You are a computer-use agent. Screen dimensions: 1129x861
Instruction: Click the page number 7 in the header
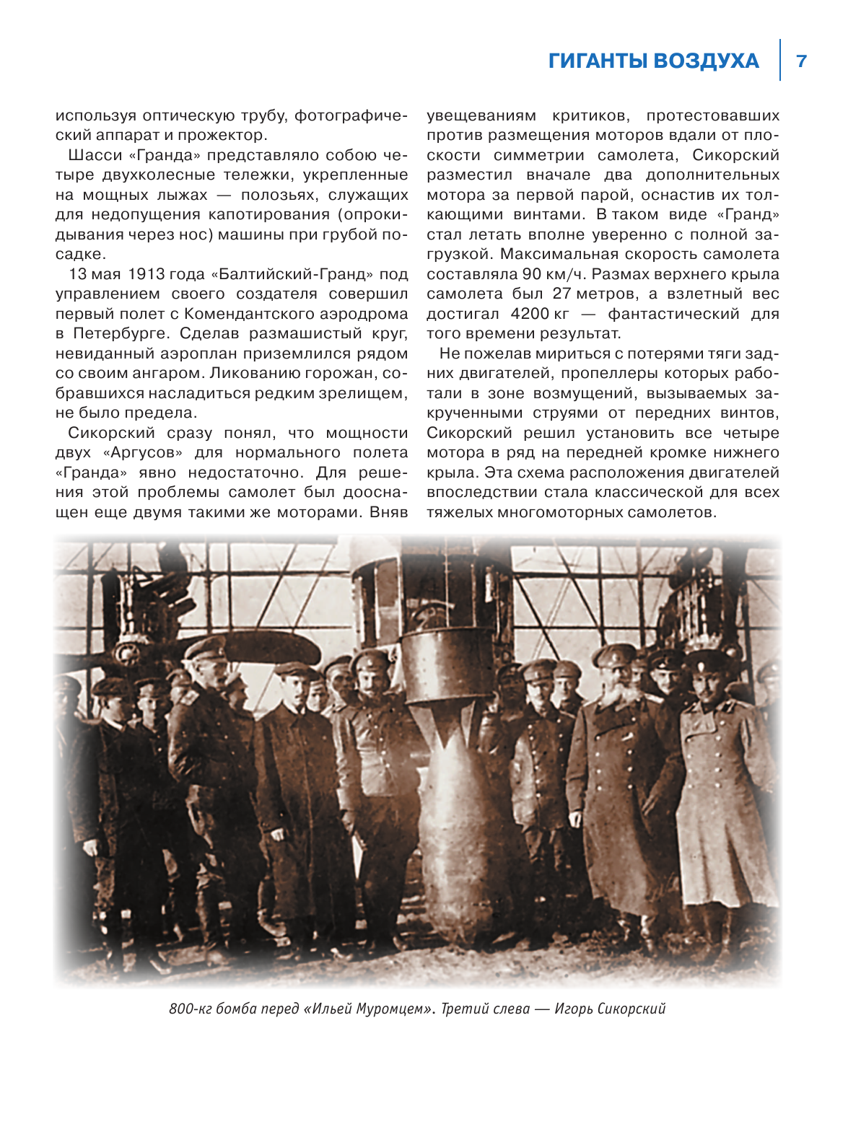coord(801,61)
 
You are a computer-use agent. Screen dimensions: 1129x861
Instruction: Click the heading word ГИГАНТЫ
coord(598,61)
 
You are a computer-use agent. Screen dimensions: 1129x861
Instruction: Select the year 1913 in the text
coord(147,274)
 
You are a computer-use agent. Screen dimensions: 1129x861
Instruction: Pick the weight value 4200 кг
coord(540,314)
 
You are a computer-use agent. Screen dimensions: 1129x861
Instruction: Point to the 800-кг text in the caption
coord(192,1009)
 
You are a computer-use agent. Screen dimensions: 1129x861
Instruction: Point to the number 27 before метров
coord(561,294)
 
